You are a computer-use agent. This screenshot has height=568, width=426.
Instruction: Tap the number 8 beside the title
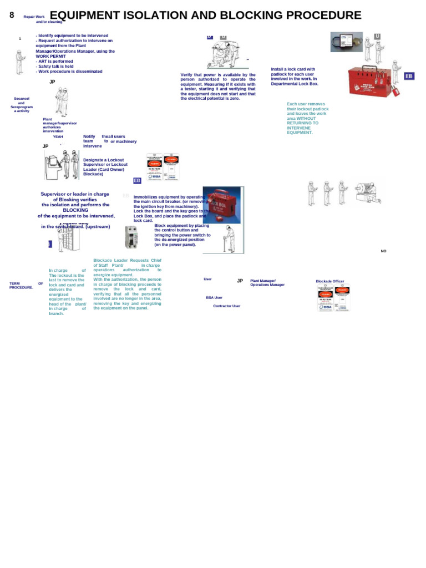tap(12, 16)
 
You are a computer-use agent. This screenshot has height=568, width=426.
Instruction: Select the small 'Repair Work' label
tap(34, 17)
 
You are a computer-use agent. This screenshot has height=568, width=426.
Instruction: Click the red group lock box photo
tap(372, 80)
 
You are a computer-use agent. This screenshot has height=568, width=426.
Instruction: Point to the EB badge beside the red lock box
tap(409, 76)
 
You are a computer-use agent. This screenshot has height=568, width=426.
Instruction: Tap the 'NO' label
tap(383, 251)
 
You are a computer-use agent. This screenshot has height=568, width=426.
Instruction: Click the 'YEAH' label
tap(58, 136)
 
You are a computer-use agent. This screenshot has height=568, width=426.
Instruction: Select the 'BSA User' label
tap(214, 298)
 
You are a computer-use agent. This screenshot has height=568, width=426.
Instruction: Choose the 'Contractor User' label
tap(226, 306)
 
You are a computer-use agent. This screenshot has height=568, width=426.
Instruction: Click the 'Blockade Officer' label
tap(330, 281)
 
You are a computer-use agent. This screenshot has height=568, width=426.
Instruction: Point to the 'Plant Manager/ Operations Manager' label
tap(267, 283)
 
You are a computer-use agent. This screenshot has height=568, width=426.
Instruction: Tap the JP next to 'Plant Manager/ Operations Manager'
tap(240, 281)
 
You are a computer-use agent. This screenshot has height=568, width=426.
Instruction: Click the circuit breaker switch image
tap(131, 237)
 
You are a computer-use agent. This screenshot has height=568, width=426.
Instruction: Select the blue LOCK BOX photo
tap(221, 205)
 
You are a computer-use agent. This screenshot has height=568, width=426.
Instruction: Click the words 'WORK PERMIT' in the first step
tap(50, 57)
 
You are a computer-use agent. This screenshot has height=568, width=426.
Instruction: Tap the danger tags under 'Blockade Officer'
tap(333, 298)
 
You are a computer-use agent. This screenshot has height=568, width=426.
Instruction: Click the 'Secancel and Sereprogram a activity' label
tap(22, 105)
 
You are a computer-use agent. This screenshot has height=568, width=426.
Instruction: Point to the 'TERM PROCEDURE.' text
tap(22, 286)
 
